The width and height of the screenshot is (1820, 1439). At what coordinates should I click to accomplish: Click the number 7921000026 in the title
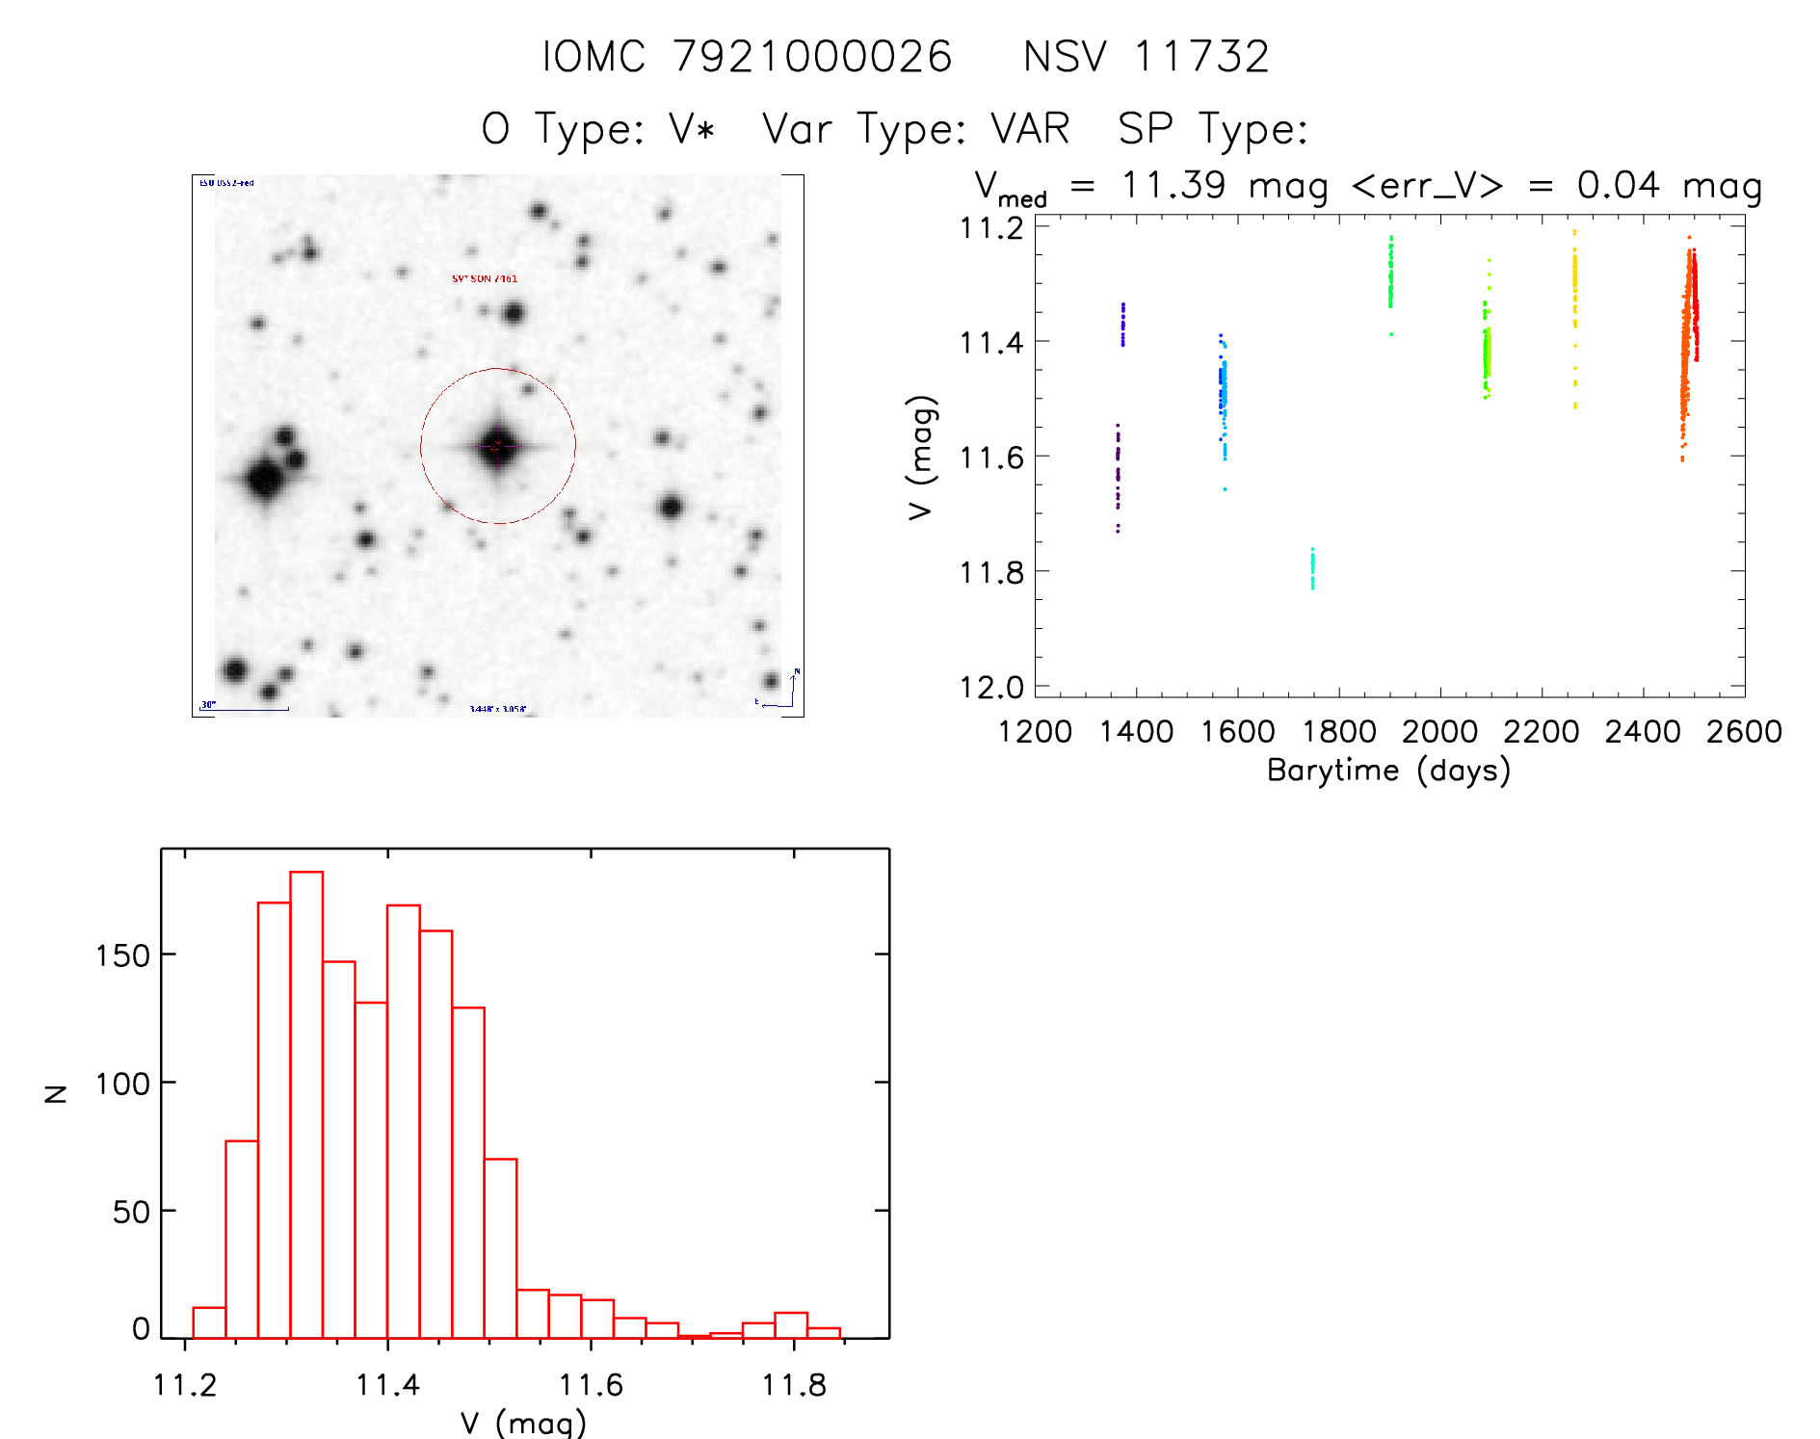coord(812,57)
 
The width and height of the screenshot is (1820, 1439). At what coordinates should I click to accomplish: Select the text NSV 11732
coord(1146,57)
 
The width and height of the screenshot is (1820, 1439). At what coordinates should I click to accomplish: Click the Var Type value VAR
coord(1031,129)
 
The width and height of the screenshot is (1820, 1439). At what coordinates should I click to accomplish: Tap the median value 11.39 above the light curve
coord(1173,185)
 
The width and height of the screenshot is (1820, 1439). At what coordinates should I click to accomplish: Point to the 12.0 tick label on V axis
coord(991,687)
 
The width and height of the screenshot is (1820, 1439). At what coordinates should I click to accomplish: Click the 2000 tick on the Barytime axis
coord(1439,731)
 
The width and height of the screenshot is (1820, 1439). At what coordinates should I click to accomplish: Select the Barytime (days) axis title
coord(1388,771)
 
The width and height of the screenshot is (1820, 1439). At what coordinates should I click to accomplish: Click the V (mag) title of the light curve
coord(921,457)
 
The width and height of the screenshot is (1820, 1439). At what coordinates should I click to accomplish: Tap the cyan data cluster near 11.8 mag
coord(1312,568)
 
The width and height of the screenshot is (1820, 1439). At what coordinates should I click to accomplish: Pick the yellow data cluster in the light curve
coord(1575,289)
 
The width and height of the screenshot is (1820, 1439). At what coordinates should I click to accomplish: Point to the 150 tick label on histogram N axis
coord(122,955)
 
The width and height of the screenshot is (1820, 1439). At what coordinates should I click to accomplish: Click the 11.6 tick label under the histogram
coord(591,1385)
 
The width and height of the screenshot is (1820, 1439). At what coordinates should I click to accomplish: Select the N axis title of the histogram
coord(56,1093)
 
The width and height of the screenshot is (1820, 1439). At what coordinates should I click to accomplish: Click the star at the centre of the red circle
coord(497,446)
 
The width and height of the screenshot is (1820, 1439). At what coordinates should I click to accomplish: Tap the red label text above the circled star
coord(485,278)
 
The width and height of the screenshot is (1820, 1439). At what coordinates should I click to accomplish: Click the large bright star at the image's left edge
coord(265,477)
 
